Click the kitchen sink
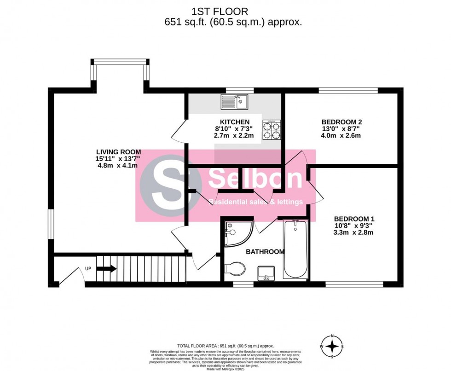pyautogui.click(x=234, y=102)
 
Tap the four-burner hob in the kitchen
pyautogui.click(x=272, y=129)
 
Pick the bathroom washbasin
pyautogui.click(x=266, y=272)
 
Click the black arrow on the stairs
pyautogui.click(x=104, y=268)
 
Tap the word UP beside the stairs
pyautogui.click(x=88, y=268)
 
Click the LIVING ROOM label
pyautogui.click(x=118, y=152)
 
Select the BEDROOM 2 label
pyautogui.click(x=341, y=122)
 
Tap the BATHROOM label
pyautogui.click(x=265, y=252)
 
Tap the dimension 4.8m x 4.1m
pyautogui.click(x=118, y=166)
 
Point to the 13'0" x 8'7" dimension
pyautogui.click(x=341, y=129)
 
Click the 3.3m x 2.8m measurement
pyautogui.click(x=353, y=232)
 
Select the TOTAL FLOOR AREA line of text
pyautogui.click(x=225, y=346)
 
